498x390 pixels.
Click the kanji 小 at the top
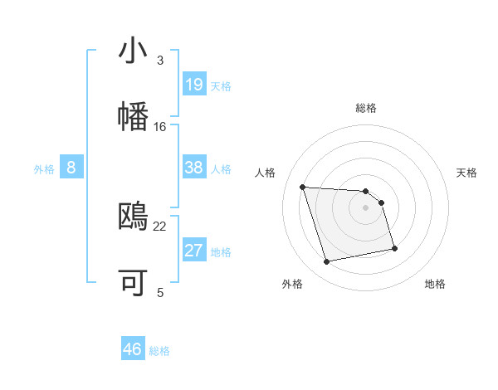pos(133,51)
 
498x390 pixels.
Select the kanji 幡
pos(133,116)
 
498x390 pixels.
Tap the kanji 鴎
pos(133,217)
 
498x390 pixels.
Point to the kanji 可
pos(133,283)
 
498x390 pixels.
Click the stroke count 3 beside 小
pos(160,61)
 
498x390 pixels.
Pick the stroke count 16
pos(160,127)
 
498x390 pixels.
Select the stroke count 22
pos(160,226)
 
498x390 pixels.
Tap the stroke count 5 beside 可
pos(160,292)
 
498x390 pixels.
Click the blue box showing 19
pos(194,85)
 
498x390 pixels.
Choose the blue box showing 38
pos(194,168)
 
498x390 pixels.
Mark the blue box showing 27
pos(194,251)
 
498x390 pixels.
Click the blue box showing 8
pos(71,168)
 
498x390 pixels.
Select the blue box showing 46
pos(133,349)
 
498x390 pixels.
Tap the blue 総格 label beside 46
pos(159,351)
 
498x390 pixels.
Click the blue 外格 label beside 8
pos(44,169)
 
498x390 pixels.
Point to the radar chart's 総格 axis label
pos(366,108)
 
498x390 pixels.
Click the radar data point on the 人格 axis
pos(303,187)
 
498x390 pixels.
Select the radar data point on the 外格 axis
pos(327,262)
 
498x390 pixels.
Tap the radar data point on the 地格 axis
pos(394,248)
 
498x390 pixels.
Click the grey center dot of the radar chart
pos(366,207)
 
